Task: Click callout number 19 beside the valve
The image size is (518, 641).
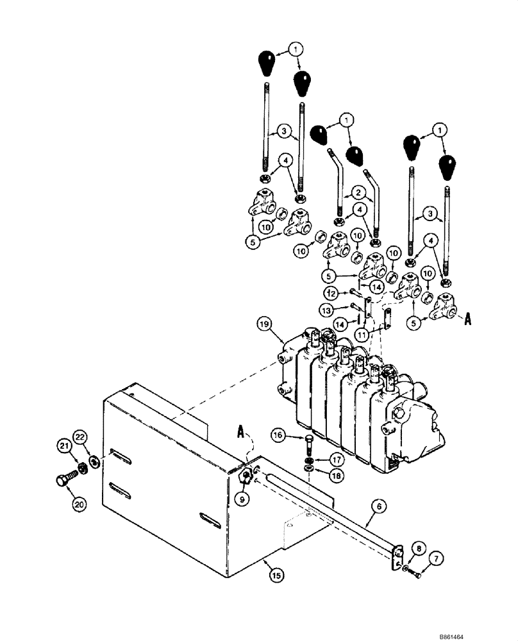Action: [263, 324]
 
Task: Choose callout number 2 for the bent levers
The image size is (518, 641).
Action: [353, 190]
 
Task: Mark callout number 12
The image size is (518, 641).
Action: [331, 293]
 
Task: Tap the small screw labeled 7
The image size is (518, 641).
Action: [416, 575]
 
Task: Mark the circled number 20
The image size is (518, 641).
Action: [79, 506]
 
